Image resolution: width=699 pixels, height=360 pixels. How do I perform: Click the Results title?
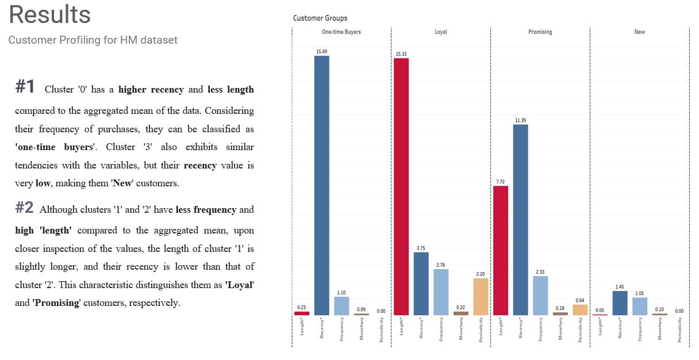pyautogui.click(x=49, y=15)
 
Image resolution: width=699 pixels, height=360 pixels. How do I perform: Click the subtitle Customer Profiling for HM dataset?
pyautogui.click(x=93, y=40)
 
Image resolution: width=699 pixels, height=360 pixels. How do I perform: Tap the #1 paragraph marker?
pyautogui.click(x=25, y=87)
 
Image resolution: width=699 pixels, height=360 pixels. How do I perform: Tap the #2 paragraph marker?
pyautogui.click(x=24, y=208)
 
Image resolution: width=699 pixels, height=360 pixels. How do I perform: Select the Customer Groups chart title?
pyautogui.click(x=320, y=18)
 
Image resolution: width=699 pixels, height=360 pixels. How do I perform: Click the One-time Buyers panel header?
pyautogui.click(x=341, y=32)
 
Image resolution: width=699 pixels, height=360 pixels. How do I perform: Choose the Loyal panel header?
pyautogui.click(x=440, y=32)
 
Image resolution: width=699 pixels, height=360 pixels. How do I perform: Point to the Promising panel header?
pyautogui.click(x=540, y=32)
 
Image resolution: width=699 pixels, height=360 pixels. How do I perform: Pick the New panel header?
pyautogui.click(x=639, y=32)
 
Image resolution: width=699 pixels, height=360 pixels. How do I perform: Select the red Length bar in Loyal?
pyautogui.click(x=401, y=187)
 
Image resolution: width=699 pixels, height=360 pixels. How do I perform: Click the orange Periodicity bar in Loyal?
pyautogui.click(x=481, y=297)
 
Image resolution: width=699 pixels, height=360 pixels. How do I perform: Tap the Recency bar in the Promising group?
pyautogui.click(x=520, y=220)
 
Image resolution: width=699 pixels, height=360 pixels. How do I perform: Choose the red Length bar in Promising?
pyautogui.click(x=500, y=250)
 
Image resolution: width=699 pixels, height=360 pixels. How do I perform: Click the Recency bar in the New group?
pyautogui.click(x=620, y=303)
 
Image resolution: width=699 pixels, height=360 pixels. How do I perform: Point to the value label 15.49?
pyautogui.click(x=321, y=52)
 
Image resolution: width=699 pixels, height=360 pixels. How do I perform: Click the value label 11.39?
pyautogui.click(x=520, y=120)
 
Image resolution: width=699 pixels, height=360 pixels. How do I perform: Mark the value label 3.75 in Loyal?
pyautogui.click(x=421, y=248)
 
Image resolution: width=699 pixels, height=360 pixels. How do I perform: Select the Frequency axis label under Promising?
pyautogui.click(x=540, y=330)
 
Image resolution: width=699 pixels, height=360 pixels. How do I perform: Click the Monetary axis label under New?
pyautogui.click(x=660, y=330)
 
